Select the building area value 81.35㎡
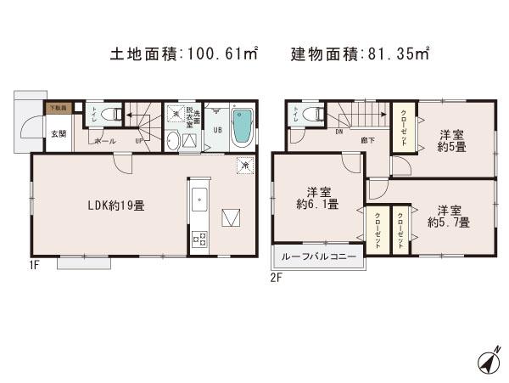pos(400,54)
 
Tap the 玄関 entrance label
pos(58,133)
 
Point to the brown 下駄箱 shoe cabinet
pos(58,108)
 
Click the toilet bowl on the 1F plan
pos(108,114)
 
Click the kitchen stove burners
pos(200,239)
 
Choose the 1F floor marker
pos(33,263)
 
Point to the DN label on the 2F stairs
pos(339,132)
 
